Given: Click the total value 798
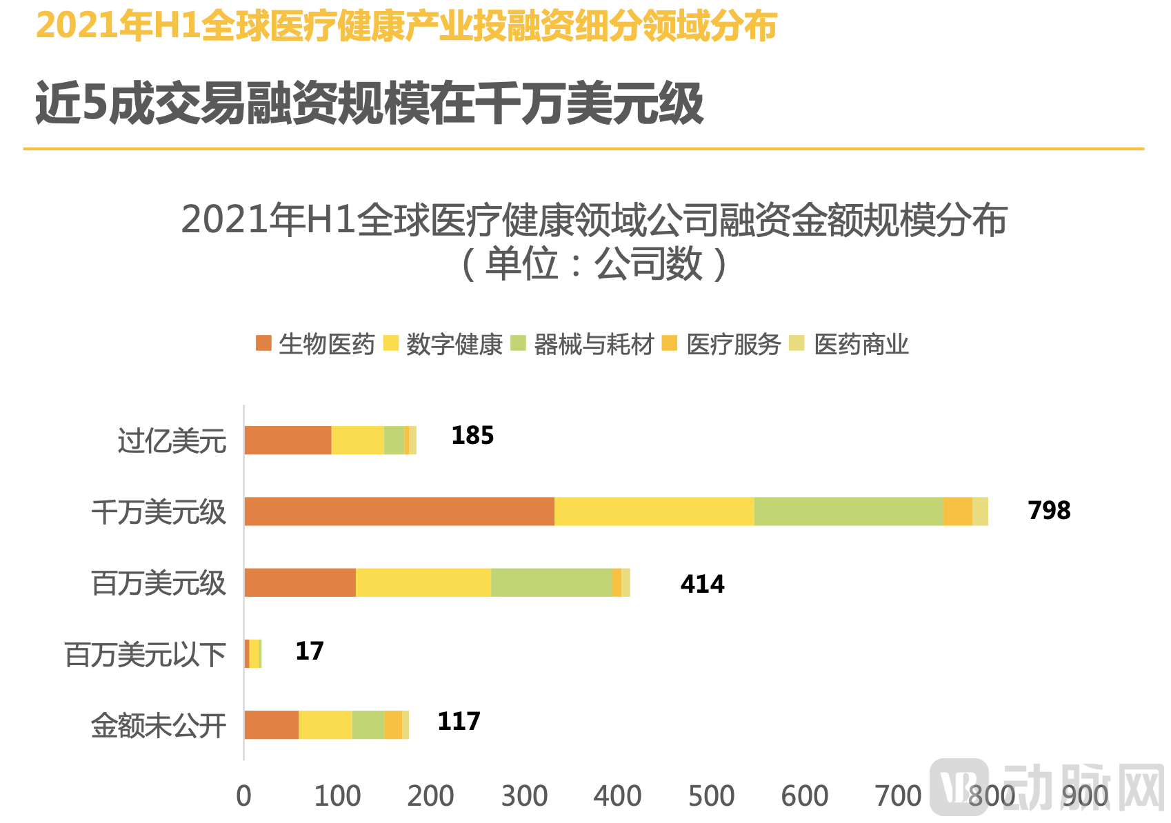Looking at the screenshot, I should coord(1048,510).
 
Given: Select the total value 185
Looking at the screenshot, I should coord(472,436).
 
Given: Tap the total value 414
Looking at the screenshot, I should coord(702,585).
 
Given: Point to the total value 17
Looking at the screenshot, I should coord(309,651).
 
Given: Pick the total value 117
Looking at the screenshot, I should coord(459,722).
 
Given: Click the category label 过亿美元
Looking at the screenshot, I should coord(172,441).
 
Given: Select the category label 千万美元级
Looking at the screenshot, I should coord(159,512).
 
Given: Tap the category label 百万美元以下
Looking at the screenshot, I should coord(145,654).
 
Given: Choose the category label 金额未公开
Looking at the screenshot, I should coord(159,725).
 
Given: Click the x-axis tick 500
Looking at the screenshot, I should coord(711,796).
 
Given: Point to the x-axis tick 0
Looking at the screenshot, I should coord(243,796).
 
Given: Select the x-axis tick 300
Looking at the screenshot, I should coord(524,796).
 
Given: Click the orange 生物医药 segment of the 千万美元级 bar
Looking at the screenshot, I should coord(399,511).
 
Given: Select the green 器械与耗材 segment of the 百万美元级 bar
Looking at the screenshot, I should coord(551,582).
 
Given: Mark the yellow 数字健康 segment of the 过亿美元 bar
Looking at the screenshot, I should coord(357,440).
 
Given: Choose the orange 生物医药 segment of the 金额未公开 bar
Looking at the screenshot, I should coord(272,725).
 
